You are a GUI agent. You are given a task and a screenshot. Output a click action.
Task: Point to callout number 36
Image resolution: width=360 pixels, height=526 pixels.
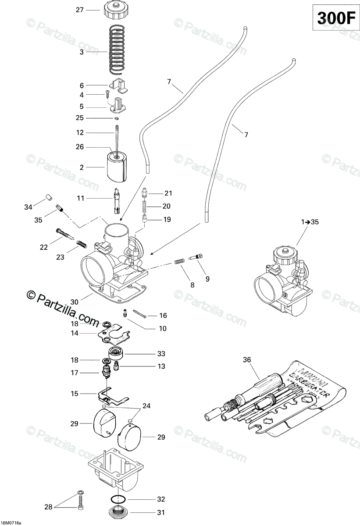pyautogui.click(x=247, y=360)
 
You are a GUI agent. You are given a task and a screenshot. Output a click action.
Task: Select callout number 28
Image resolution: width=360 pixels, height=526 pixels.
pyautogui.click(x=48, y=507)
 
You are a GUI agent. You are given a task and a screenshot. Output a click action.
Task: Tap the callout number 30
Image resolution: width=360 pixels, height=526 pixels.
pyautogui.click(x=74, y=302)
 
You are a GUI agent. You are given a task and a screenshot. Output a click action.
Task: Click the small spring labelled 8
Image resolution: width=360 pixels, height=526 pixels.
pyautogui.click(x=178, y=262)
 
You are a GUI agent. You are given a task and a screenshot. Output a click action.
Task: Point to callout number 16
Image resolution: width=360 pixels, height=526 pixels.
pyautogui.click(x=163, y=315)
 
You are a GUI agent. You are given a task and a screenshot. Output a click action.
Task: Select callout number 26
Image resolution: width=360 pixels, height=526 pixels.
pyautogui.click(x=79, y=147)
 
